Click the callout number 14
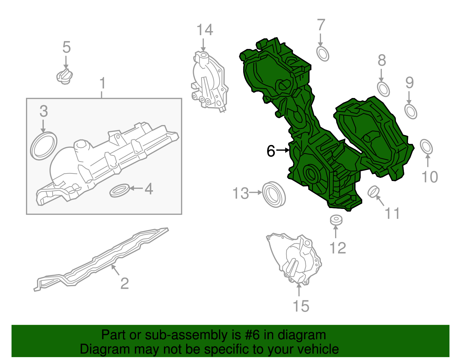205,30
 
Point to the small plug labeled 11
373,192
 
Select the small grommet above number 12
336,220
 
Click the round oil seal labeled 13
274,194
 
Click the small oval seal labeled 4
120,190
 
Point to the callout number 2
124,283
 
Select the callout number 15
301,306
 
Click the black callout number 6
271,151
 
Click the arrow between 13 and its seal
256,193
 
